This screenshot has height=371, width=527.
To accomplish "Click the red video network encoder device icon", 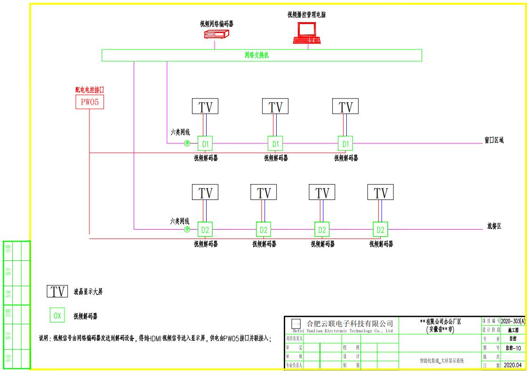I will tap(216, 34).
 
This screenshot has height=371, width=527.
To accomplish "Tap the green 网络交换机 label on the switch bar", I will tap(257, 55).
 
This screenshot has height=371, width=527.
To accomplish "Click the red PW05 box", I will tap(89, 102).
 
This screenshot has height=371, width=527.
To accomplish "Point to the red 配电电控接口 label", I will tap(89, 90).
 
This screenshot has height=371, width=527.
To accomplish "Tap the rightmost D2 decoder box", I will tap(380, 230).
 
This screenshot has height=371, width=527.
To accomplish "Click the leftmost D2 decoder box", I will tap(205, 230).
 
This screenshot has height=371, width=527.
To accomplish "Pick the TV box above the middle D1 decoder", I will tap(275, 107).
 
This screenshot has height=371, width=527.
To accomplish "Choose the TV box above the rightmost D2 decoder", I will tap(380, 193).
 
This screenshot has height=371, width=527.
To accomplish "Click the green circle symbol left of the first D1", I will tap(187, 143).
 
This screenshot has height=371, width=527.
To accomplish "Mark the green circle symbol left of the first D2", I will tap(187, 230).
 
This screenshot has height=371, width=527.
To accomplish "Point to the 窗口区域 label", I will tap(494, 140).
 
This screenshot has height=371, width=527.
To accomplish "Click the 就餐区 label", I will tap(494, 226).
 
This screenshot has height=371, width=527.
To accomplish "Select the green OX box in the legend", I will tap(57, 316).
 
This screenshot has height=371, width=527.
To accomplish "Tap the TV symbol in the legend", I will tap(57, 291).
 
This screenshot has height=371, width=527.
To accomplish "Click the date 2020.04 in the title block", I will tap(512, 365).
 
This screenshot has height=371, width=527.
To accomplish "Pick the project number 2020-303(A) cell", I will tap(513, 321).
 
